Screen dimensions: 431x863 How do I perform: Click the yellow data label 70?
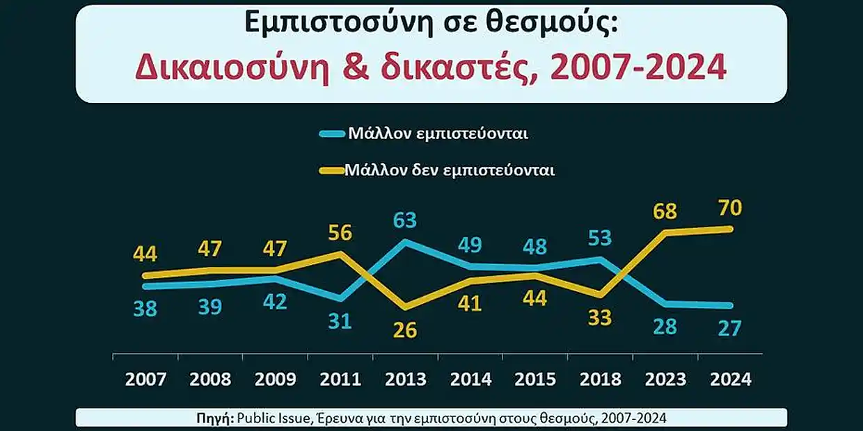(x=730, y=208)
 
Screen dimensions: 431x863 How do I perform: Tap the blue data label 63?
(x=404, y=220)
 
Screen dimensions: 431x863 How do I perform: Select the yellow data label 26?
(x=404, y=330)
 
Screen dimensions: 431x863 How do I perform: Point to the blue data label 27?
(x=730, y=328)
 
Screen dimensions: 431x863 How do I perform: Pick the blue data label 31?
(x=340, y=322)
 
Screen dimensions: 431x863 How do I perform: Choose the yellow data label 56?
(x=340, y=231)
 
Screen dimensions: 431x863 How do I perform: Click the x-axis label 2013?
(x=404, y=379)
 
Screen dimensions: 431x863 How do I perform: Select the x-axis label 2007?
(x=145, y=379)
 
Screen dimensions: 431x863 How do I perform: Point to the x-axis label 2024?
(x=730, y=379)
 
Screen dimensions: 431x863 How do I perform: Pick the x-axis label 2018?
(x=600, y=379)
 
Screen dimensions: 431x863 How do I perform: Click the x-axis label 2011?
(x=340, y=379)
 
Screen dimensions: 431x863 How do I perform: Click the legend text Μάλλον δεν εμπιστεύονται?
(x=449, y=170)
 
